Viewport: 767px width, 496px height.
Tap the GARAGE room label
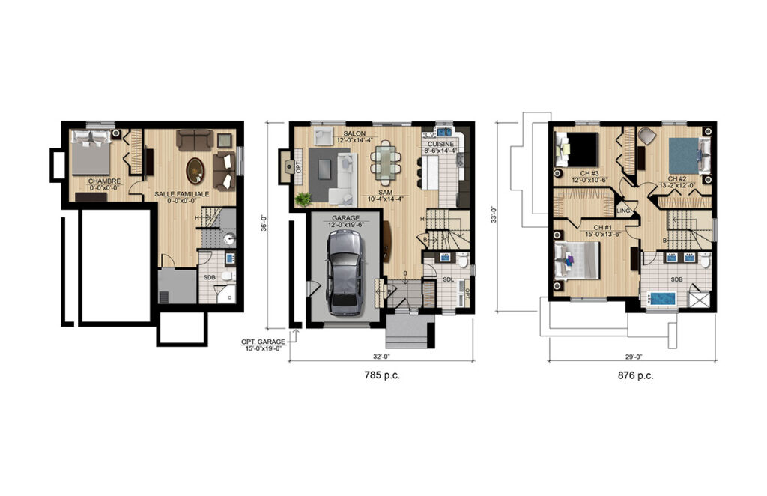coord(345,217)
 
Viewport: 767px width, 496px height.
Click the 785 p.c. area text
coord(381,376)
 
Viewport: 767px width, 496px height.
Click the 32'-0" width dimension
coord(381,356)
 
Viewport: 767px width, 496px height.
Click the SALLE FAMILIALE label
coord(182,194)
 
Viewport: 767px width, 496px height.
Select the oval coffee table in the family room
coord(195,170)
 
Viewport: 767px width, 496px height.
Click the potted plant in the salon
coord(303,199)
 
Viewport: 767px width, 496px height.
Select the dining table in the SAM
coord(384,162)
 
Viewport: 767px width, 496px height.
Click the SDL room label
coord(448,279)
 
